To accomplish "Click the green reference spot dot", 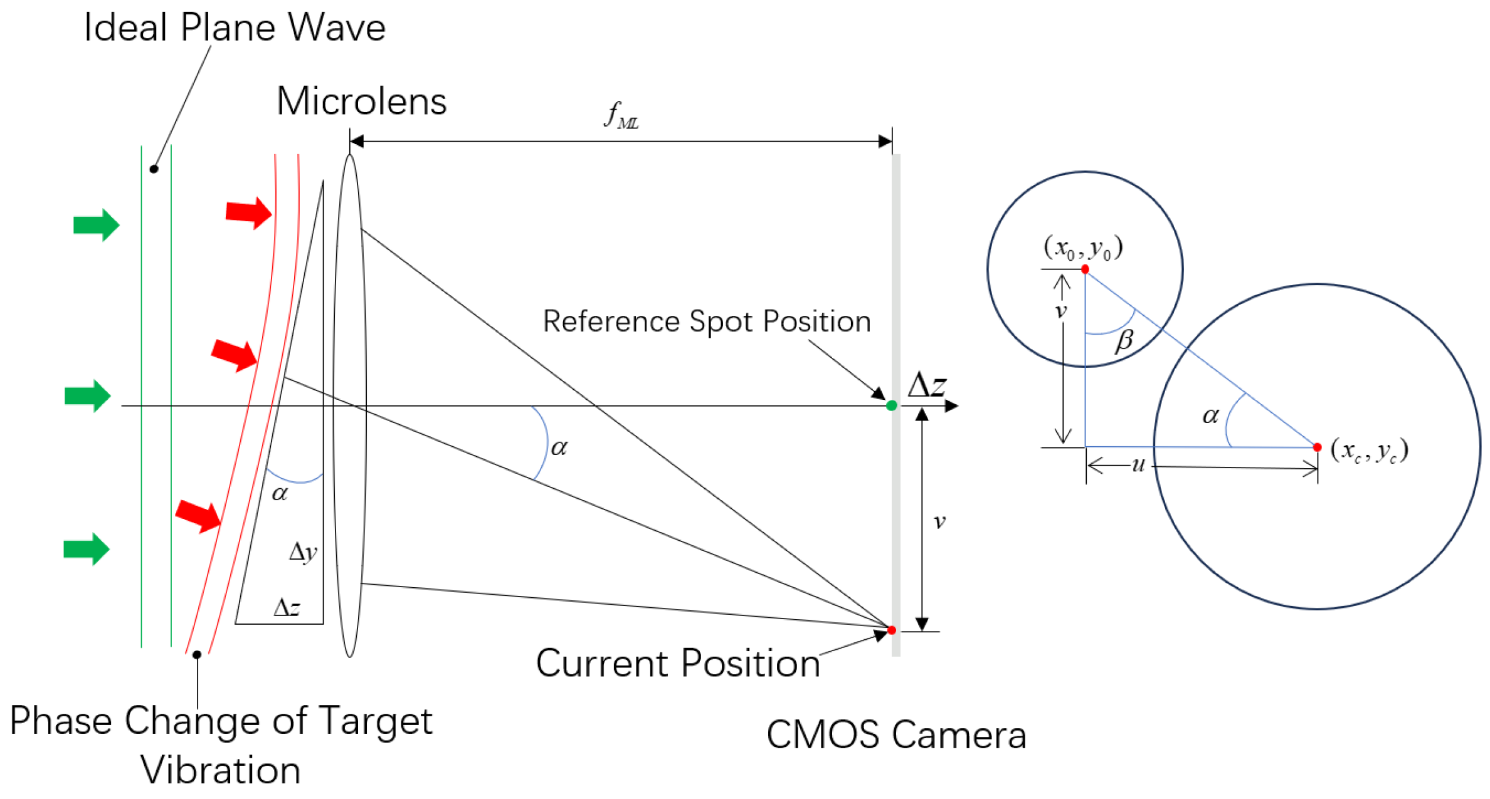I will coord(891,406).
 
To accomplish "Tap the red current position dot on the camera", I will coord(891,630).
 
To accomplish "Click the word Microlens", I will coord(361,102).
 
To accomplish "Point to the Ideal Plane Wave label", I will coord(235,28).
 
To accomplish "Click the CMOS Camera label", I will coord(896,734).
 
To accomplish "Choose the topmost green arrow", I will coord(96,224).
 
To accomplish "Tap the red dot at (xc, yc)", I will coord(1317,447).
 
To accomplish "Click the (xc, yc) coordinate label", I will coord(1370,450).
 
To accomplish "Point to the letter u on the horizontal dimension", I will coord(1138,465).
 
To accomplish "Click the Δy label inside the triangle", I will coord(303,552).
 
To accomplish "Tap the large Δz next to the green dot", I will coord(926,385).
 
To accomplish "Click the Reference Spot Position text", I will coord(707,322).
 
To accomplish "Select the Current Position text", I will coord(678,663).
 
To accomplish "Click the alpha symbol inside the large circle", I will coord(1210,415).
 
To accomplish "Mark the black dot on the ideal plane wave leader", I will coord(154,169).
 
